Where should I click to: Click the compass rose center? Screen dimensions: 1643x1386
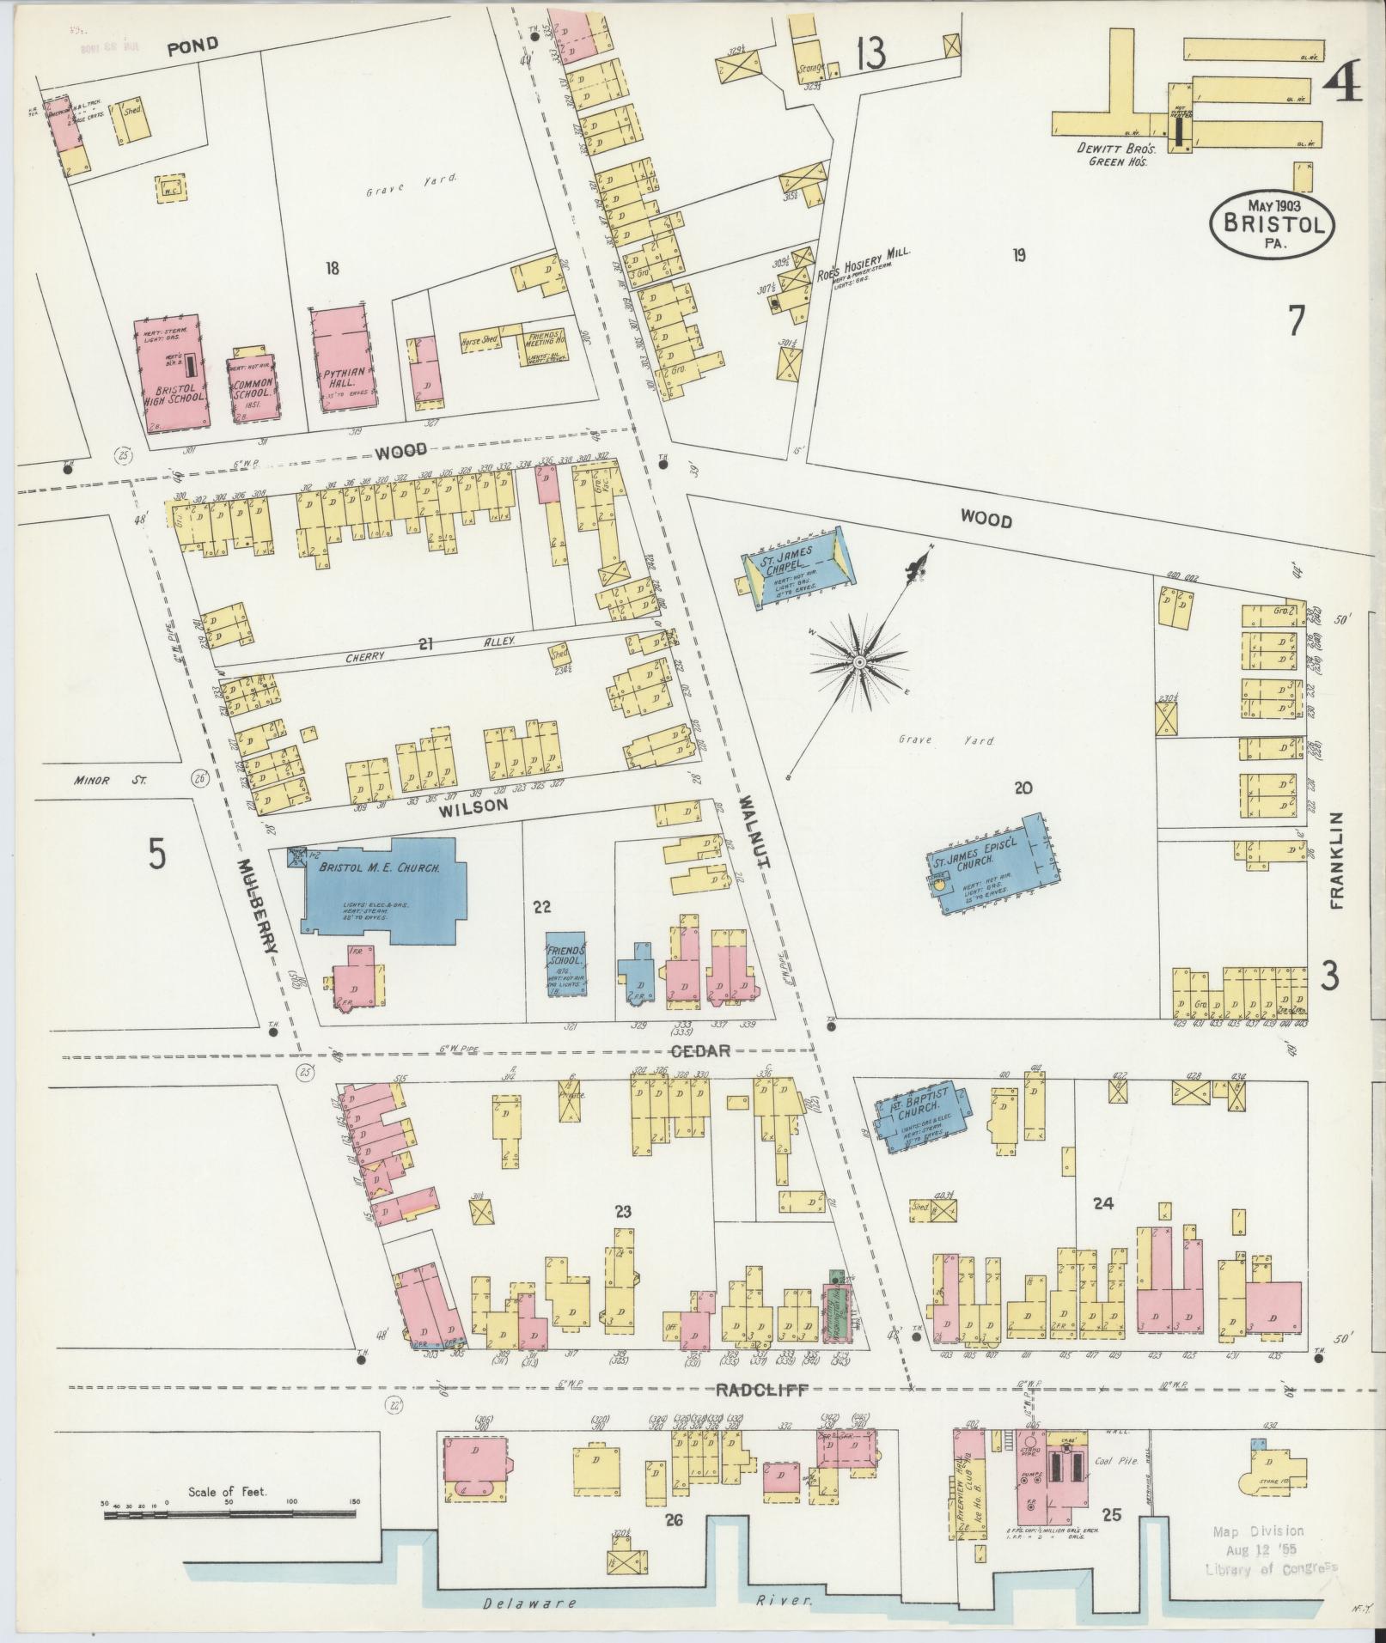tap(858, 661)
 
